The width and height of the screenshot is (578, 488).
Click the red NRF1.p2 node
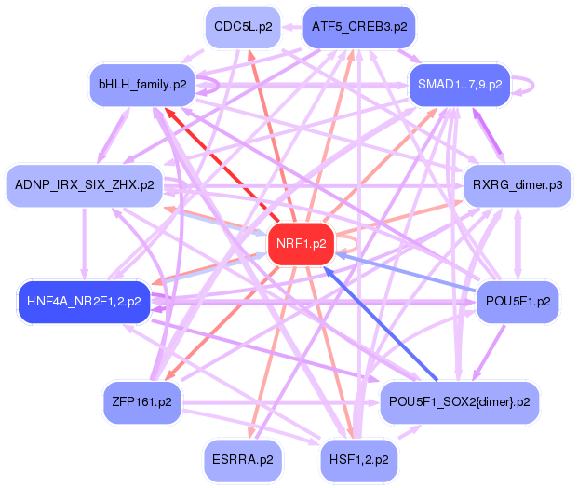(x=300, y=244)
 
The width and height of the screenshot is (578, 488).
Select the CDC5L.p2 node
(x=243, y=27)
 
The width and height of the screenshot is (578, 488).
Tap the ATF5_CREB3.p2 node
(x=359, y=27)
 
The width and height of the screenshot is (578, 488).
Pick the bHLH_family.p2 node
(x=142, y=84)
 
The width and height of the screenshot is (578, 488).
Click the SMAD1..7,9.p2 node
(x=460, y=84)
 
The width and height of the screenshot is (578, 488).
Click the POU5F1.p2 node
(x=518, y=301)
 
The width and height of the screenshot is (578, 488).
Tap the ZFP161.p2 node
(x=142, y=401)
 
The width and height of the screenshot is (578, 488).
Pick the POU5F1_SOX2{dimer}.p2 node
(x=460, y=401)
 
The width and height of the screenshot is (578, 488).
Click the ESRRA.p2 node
(x=243, y=459)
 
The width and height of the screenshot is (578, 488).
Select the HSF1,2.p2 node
(x=359, y=459)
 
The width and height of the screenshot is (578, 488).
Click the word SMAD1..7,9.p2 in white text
(x=460, y=84)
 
